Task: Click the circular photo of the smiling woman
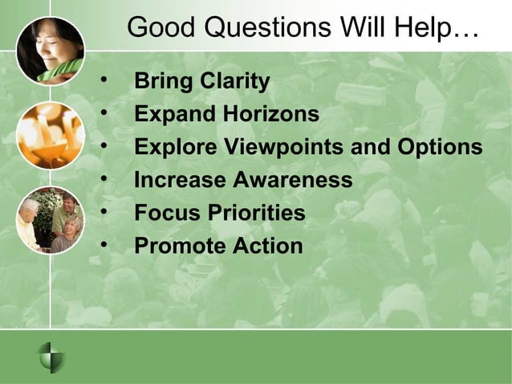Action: coord(50,50)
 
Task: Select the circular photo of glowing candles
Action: coord(50,135)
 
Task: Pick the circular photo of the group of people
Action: coord(50,219)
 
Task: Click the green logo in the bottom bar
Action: coord(52,357)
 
